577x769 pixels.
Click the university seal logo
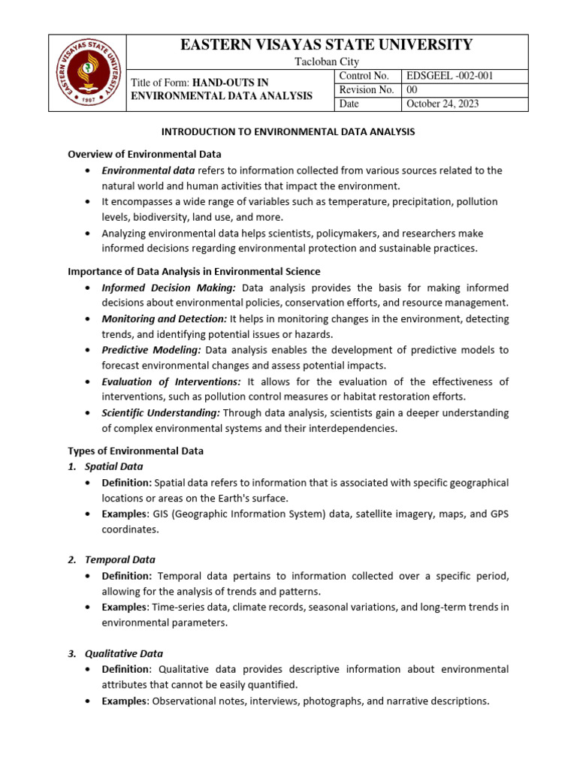[87, 73]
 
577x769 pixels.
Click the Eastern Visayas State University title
[327, 45]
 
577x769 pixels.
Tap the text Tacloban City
[327, 62]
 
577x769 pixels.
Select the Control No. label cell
[364, 76]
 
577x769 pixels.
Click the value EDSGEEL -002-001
[449, 76]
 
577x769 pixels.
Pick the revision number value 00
[412, 90]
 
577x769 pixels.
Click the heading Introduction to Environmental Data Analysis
[288, 131]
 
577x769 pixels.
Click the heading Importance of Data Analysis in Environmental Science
[194, 271]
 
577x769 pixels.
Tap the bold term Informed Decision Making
[169, 288]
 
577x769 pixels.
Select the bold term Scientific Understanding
[161, 413]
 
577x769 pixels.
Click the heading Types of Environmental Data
[135, 451]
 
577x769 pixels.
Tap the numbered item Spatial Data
[113, 466]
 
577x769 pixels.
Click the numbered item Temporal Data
[119, 559]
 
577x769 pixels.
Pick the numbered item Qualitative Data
[123, 653]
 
